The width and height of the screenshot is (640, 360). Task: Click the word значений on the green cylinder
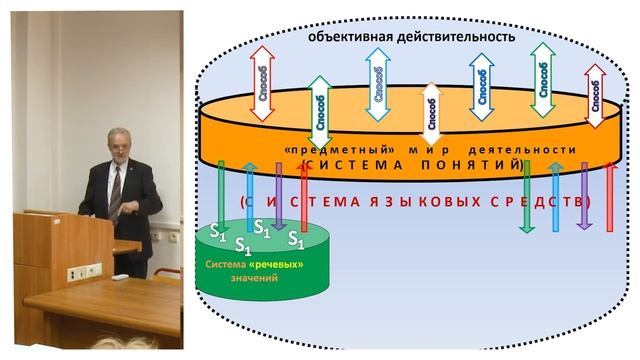tap(254, 279)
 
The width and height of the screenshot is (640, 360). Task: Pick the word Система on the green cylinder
tap(225, 264)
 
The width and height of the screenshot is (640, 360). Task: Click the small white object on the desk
tap(120, 275)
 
